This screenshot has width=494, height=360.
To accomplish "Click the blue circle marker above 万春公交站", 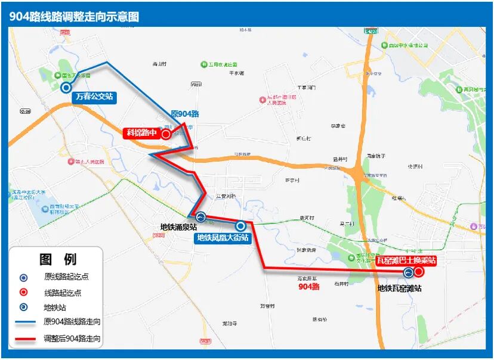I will coord(66,88).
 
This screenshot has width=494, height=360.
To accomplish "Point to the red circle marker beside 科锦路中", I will coord(166,134).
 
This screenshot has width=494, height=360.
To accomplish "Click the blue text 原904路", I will coord(185,114).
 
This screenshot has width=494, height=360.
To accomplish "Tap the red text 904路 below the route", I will coord(309,287).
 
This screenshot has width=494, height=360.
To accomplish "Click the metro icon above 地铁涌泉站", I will coord(201,218).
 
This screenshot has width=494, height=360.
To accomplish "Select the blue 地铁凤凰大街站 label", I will coord(223,238).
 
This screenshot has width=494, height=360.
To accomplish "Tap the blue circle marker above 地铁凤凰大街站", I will coord(240,226).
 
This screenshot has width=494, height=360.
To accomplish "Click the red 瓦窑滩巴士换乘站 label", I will coord(407,260).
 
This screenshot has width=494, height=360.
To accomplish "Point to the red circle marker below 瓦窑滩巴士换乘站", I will coord(419,272).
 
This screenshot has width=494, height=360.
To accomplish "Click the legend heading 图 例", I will coord(58,259).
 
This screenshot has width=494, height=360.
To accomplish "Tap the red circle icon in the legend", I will coord(23,293).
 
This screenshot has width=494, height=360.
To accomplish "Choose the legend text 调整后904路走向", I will coord(72,339).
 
